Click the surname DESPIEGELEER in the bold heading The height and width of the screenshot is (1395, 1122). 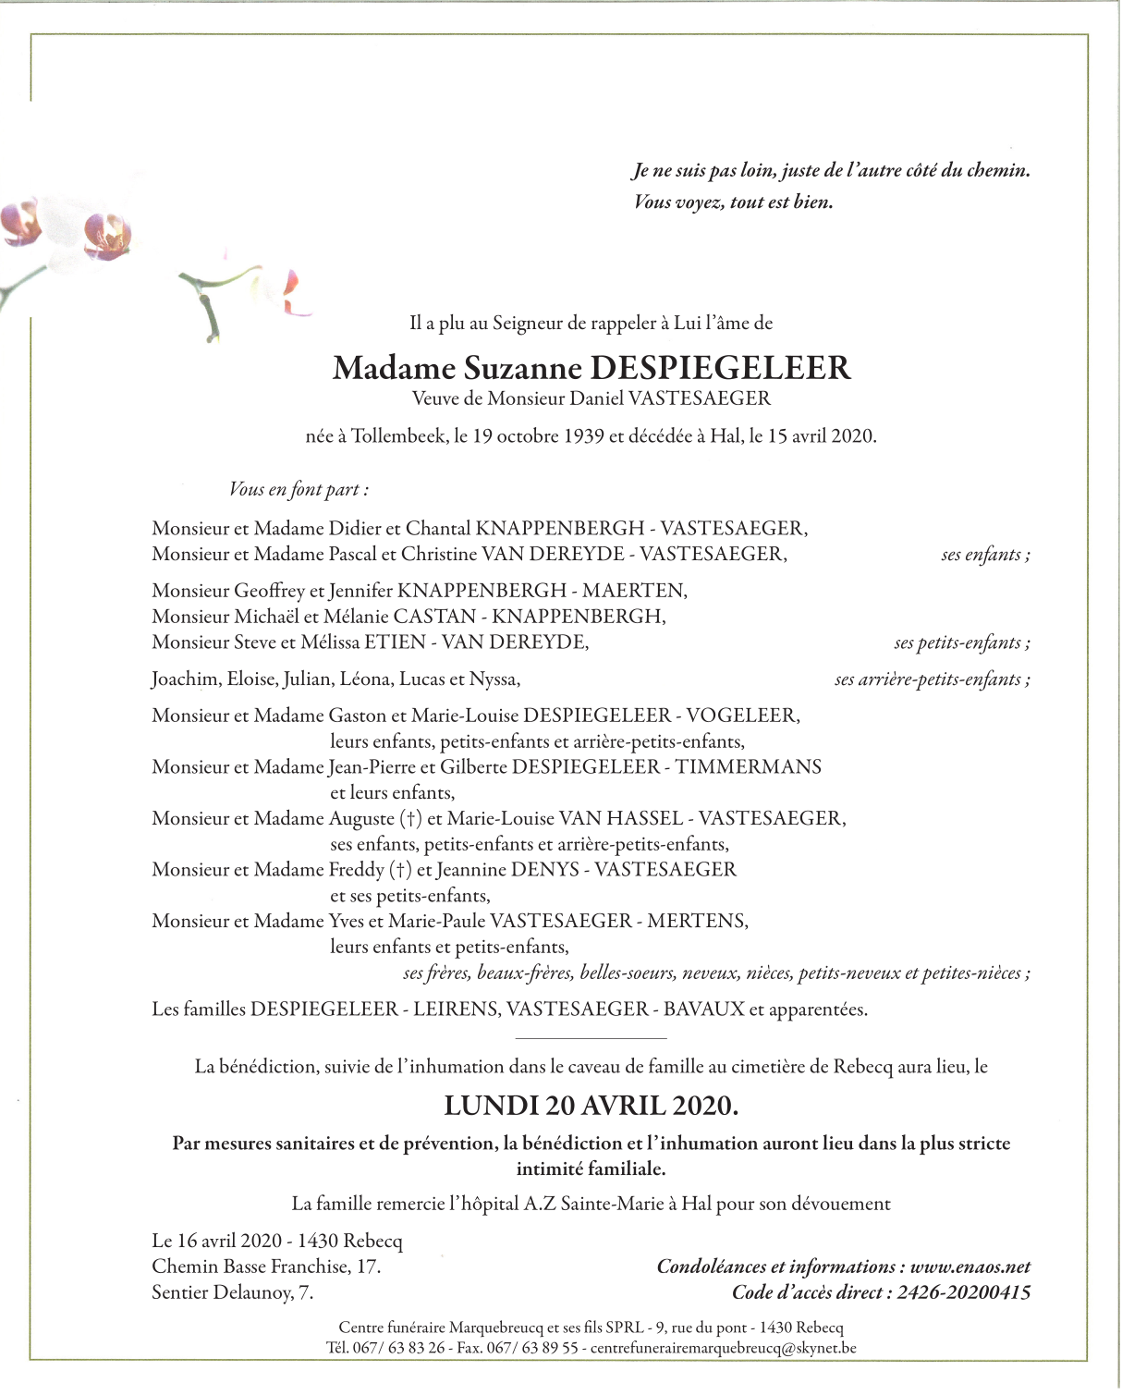[720, 368]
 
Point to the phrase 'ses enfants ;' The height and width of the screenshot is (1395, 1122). [985, 555]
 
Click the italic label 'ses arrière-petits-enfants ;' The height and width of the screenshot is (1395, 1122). [932, 679]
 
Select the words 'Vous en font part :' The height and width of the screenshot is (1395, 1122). [299, 490]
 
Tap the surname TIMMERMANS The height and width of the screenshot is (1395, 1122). [748, 766]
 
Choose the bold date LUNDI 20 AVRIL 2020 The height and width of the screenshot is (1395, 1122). [591, 1106]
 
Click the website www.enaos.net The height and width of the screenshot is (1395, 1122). [970, 1267]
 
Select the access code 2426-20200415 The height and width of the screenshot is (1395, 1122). [964, 1292]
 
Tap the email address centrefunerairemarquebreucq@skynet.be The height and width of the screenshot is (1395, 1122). [723, 1348]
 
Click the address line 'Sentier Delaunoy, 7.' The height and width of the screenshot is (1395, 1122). [233, 1292]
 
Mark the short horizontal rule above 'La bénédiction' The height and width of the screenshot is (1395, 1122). [591, 1039]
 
